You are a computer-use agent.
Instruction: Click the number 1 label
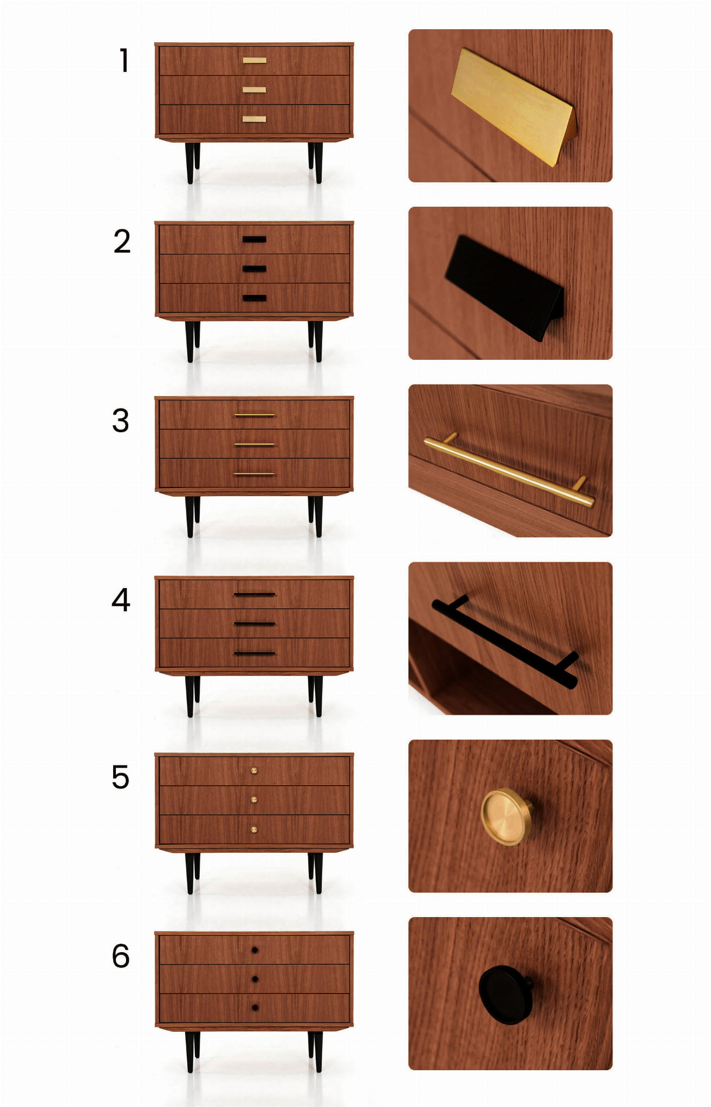(x=125, y=60)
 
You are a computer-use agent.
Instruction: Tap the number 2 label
(x=122, y=241)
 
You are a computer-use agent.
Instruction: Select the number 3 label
(x=121, y=420)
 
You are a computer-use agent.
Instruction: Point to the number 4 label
(x=121, y=600)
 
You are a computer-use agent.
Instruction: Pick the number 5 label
(x=120, y=777)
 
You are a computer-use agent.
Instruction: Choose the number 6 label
(x=120, y=956)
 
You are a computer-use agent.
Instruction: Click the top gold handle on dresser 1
(x=254, y=61)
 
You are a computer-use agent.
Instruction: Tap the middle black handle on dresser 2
(x=254, y=269)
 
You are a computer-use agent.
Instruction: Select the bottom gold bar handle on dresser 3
(x=255, y=475)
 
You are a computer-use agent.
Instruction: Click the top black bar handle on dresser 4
(x=255, y=595)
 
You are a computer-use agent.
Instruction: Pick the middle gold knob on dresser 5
(x=254, y=800)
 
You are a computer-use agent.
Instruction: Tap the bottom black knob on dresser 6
(x=255, y=1008)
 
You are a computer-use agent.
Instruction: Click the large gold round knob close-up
(x=506, y=817)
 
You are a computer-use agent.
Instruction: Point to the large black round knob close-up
(x=505, y=994)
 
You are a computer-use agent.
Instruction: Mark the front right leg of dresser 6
(x=318, y=1052)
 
